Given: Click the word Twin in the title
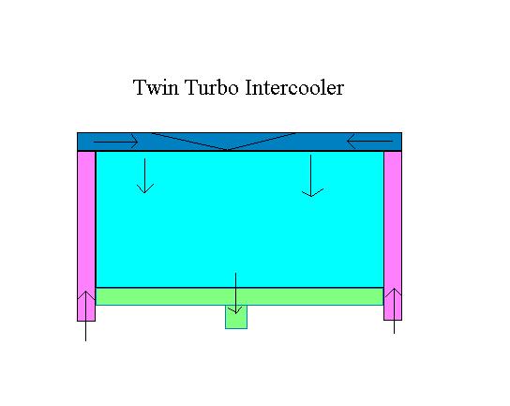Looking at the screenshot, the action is (x=156, y=87).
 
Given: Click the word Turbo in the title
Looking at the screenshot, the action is (x=212, y=87).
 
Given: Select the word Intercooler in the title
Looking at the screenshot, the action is (x=294, y=87).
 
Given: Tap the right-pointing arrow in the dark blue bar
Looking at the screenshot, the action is (x=116, y=142).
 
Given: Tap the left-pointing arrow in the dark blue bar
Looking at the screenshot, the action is (x=369, y=142).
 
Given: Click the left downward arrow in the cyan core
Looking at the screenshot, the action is (x=145, y=176).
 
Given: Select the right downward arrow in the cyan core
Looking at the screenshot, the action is (x=311, y=176).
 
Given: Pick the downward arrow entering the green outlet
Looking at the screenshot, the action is (x=236, y=293).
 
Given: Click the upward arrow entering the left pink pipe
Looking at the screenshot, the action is (x=85, y=316).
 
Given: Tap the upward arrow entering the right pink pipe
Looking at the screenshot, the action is (x=394, y=310).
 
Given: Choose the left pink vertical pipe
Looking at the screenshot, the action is (x=86, y=236).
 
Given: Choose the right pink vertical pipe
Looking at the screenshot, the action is (x=393, y=235).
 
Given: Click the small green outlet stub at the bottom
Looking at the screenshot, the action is (x=236, y=317).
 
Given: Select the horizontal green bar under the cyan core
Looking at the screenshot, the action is (x=239, y=296).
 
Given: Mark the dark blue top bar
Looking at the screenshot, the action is (x=239, y=142).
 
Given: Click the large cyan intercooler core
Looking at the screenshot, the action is (x=240, y=219).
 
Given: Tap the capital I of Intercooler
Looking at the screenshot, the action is (x=249, y=87).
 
